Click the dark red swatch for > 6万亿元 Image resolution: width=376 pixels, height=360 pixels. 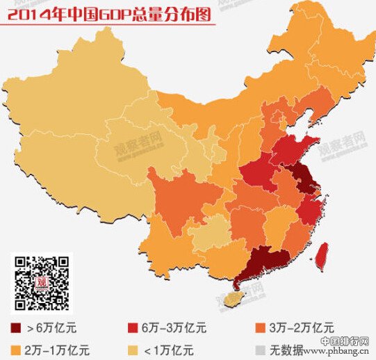[x=16, y=327]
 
